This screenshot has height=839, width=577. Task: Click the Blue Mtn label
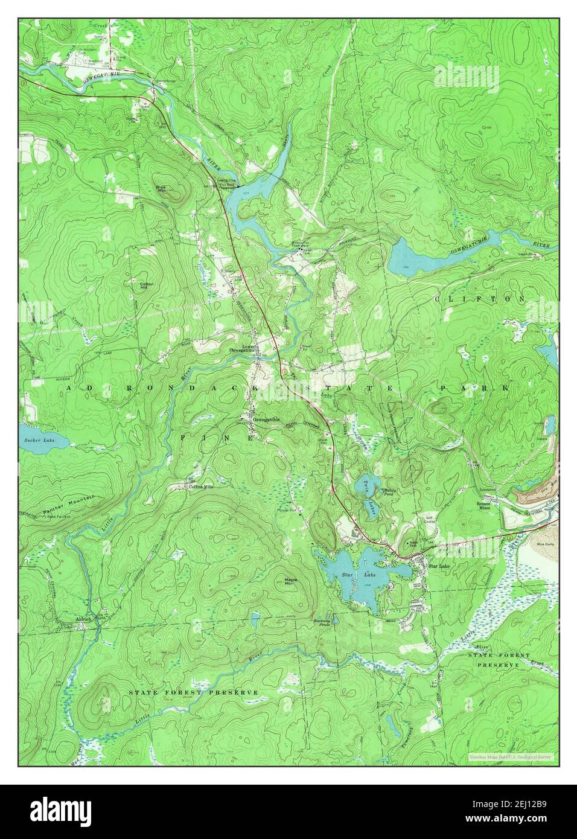tap(161, 189)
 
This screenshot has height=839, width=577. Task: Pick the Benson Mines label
tap(489, 505)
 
